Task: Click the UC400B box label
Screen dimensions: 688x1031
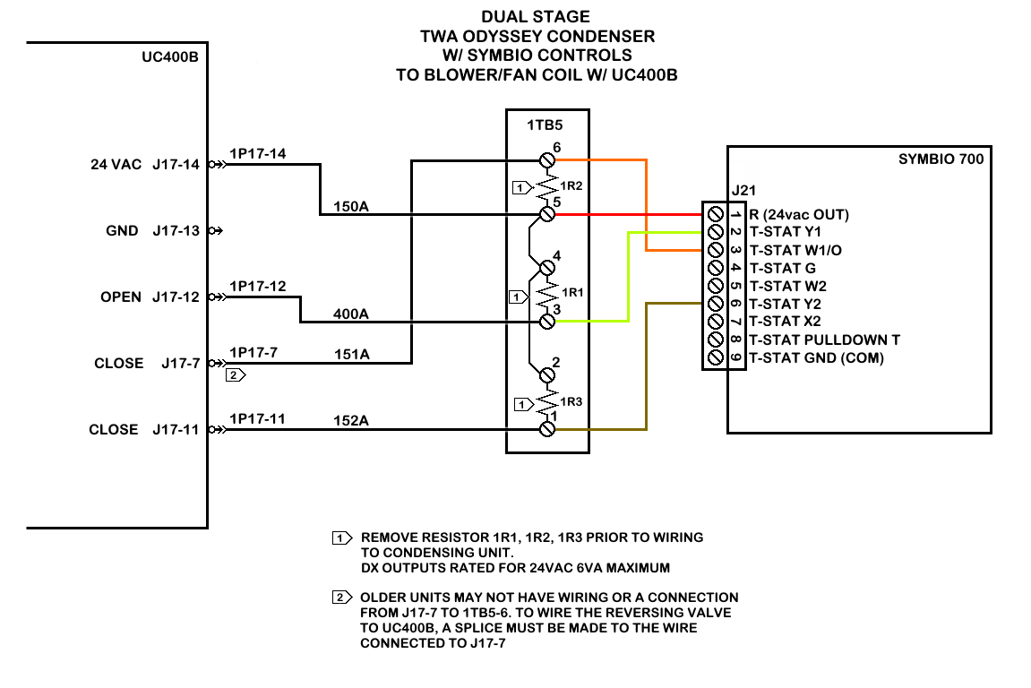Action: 169,56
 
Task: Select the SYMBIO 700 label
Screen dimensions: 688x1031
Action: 941,159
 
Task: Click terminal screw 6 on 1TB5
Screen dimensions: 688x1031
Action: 547,160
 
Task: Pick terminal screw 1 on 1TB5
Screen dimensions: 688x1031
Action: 547,429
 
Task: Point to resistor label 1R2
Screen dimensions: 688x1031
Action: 571,187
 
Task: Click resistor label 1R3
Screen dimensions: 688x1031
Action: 571,401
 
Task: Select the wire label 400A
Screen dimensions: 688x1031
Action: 351,314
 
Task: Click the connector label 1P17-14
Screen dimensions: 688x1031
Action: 258,154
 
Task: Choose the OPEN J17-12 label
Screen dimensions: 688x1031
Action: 150,297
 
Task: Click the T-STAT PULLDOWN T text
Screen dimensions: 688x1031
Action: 824,340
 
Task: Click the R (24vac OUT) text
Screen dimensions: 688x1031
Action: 799,215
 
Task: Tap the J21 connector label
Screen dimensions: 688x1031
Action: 743,190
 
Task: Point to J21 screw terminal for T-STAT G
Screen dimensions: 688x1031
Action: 715,268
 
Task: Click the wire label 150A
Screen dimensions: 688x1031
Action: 351,208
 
